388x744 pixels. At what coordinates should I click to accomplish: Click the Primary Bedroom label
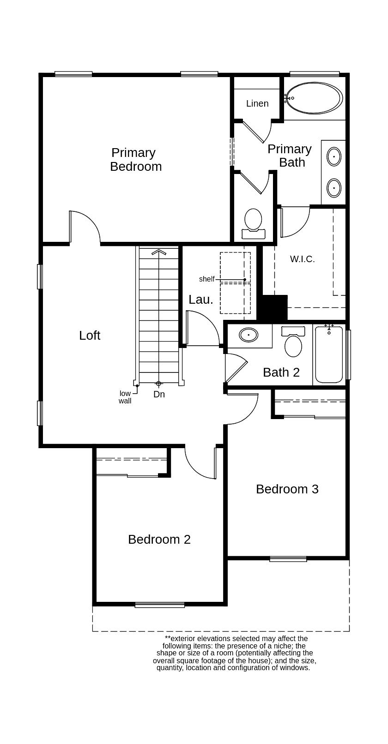(135, 159)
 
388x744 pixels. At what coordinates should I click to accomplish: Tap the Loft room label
(90, 336)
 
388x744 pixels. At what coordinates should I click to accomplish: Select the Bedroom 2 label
(159, 539)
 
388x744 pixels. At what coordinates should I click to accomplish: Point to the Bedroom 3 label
(287, 489)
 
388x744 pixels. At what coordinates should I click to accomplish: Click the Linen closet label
(257, 103)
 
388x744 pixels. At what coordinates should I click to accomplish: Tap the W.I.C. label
(303, 259)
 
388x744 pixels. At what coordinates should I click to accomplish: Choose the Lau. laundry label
(201, 299)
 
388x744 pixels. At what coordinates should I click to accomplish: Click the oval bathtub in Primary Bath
(314, 98)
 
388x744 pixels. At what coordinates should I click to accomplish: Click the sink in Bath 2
(249, 334)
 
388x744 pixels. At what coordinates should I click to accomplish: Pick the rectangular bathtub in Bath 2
(329, 354)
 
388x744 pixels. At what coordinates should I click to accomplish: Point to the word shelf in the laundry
(206, 279)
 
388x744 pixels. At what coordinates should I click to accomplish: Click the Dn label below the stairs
(159, 394)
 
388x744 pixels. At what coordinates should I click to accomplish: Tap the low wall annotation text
(125, 397)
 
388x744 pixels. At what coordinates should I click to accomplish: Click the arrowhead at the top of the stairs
(158, 252)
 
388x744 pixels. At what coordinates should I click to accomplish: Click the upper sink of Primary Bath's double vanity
(334, 156)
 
